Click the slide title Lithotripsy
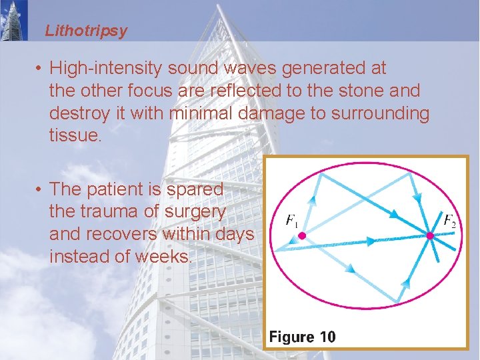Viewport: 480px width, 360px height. [x=86, y=31]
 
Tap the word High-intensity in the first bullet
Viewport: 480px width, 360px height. [x=106, y=68]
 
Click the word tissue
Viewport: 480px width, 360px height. [x=73, y=136]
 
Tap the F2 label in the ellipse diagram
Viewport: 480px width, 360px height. [x=449, y=220]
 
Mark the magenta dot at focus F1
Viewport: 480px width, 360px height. [x=301, y=235]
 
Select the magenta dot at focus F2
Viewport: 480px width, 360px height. [x=430, y=235]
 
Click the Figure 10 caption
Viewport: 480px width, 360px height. [x=302, y=337]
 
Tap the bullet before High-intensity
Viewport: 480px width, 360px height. [x=40, y=69]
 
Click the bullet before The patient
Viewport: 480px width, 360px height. [x=40, y=190]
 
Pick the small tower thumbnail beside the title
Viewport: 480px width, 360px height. [x=14, y=20]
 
